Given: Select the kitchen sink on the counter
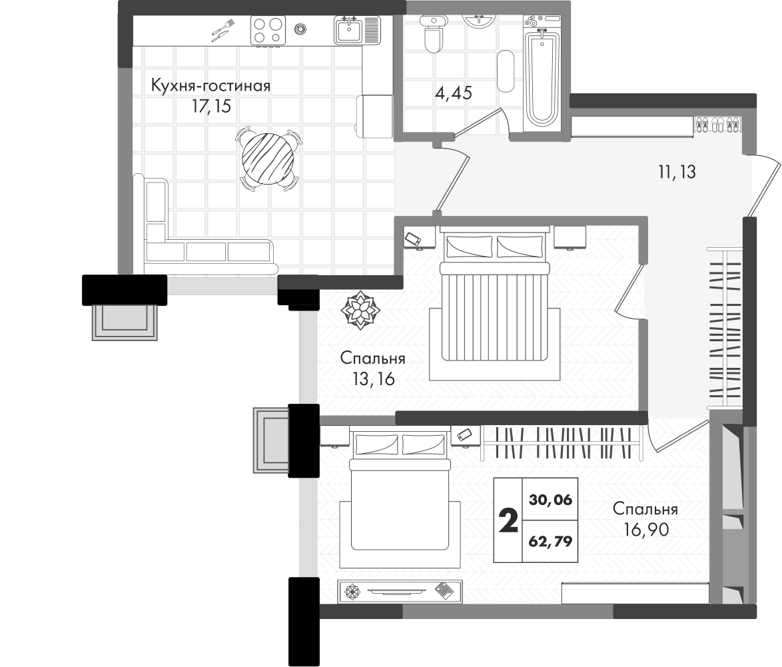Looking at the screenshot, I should pyautogui.click(x=348, y=31).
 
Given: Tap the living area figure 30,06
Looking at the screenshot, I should pyautogui.click(x=550, y=499).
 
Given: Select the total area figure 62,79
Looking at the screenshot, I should pyautogui.click(x=550, y=541).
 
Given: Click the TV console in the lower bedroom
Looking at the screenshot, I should pyautogui.click(x=400, y=590).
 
